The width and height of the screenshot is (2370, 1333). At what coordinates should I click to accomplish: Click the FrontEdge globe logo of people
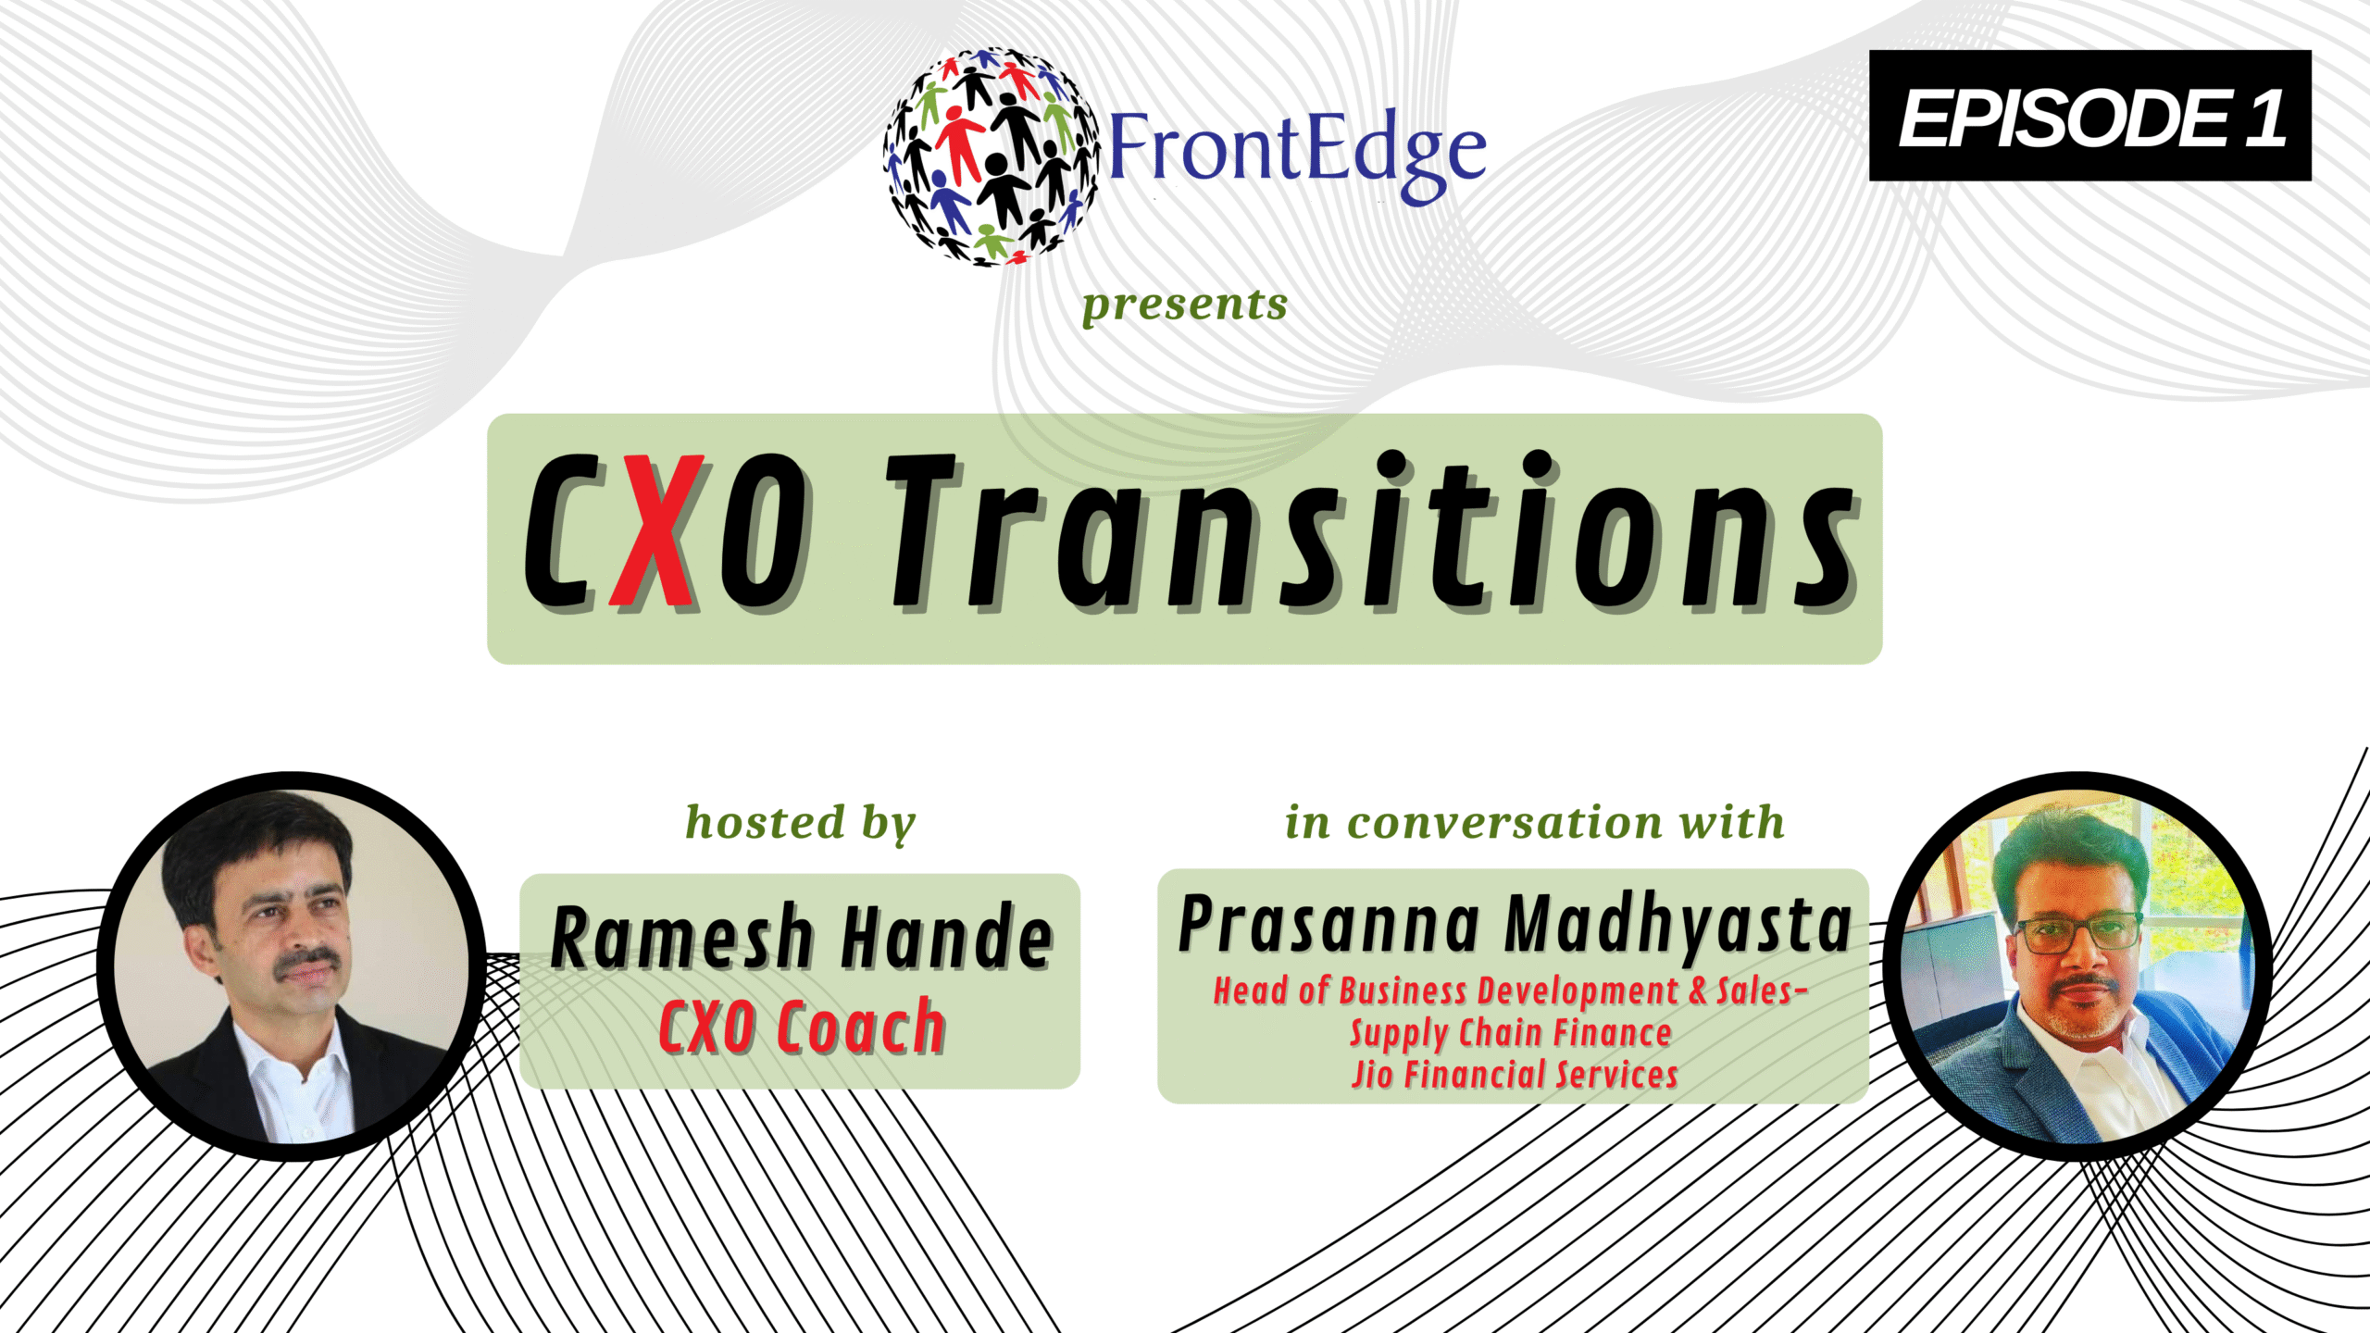[992, 156]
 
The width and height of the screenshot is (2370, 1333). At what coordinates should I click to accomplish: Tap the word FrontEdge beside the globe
[1297, 154]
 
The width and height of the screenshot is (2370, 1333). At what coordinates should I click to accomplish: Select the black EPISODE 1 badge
[2089, 116]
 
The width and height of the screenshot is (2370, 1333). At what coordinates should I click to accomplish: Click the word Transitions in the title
[1374, 531]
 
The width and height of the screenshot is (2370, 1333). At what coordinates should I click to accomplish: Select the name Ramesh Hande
[801, 937]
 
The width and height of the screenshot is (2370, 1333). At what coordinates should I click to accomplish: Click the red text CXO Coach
[802, 1027]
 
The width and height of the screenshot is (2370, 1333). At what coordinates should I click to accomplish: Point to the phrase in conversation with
[1534, 822]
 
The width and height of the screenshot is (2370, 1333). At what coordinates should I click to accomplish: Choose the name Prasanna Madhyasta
[1515, 926]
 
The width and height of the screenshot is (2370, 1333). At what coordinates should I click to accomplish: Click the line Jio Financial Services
[1515, 1075]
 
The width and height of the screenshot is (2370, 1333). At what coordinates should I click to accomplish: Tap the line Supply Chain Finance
[1511, 1033]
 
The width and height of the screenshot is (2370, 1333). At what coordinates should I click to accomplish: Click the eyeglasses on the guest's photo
[2078, 933]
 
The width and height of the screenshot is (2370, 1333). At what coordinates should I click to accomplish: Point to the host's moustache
[308, 959]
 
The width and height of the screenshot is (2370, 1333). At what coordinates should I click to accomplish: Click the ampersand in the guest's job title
[1697, 991]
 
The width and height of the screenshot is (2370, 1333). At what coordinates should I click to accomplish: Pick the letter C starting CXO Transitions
[560, 531]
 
